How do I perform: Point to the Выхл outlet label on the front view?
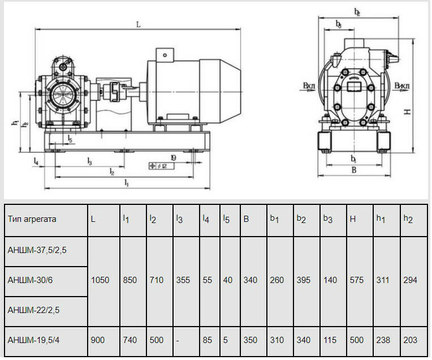(402, 87)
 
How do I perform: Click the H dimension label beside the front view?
(407, 112)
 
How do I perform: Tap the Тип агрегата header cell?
(32, 218)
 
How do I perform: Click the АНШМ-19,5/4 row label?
(33, 340)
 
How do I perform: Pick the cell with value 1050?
(100, 280)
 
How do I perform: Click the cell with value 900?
(97, 340)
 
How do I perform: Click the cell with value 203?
(411, 340)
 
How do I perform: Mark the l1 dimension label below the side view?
(127, 183)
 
